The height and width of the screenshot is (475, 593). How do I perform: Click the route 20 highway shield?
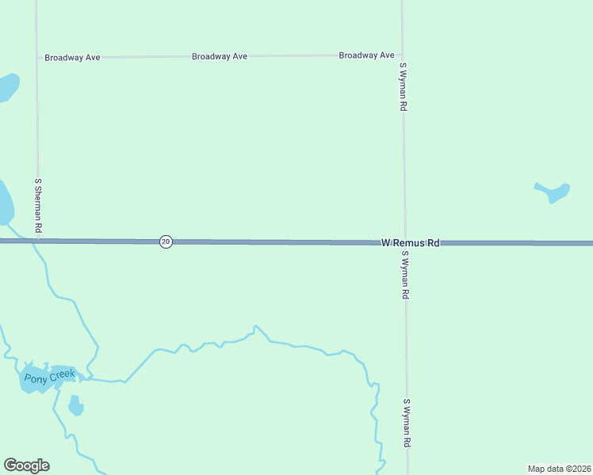166,241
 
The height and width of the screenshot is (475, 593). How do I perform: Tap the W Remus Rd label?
410,243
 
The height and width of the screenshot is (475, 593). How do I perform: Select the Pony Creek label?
49,377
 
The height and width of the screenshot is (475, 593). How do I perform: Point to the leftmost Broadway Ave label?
72,58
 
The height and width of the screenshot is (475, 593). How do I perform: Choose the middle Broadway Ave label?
220,56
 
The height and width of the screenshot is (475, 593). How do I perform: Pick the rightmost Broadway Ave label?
366,55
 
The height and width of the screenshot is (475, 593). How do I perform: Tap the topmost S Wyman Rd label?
404,86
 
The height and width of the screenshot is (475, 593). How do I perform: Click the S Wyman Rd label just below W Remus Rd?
405,275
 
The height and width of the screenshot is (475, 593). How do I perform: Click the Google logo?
26,465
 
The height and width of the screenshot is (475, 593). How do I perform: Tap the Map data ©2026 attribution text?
560,469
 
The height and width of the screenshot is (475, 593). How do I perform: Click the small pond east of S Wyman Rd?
554,192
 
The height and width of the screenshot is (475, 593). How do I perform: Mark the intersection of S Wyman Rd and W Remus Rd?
405,243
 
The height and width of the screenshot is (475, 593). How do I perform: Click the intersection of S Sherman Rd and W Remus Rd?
37,240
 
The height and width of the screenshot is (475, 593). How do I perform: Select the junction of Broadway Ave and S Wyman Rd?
402,55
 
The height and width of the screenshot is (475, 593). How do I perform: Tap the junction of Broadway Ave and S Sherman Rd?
37,58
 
